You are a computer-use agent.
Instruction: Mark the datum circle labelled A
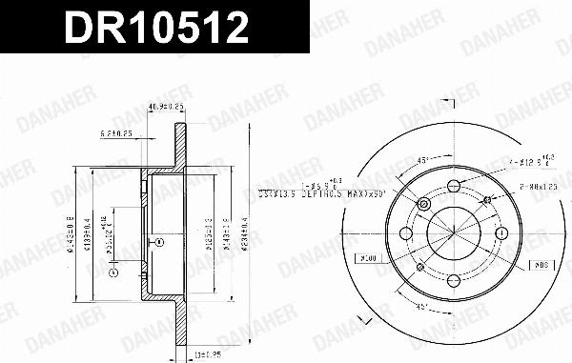[112, 274]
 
